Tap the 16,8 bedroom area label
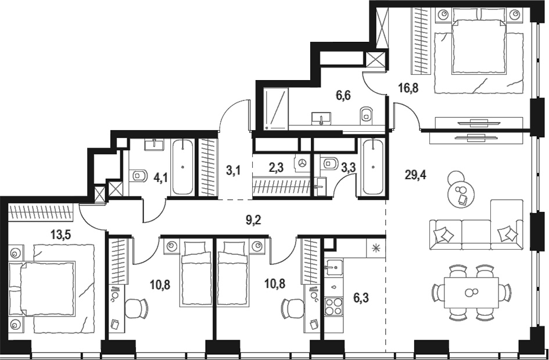[408, 88]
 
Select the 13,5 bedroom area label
[61, 235]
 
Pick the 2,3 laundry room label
[277, 168]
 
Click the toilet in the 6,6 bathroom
[366, 115]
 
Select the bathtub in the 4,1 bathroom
[182, 167]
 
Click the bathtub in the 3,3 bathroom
[373, 167]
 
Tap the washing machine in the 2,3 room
[302, 163]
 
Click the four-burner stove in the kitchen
[333, 307]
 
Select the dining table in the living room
[471, 293]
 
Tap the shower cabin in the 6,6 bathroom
[275, 109]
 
